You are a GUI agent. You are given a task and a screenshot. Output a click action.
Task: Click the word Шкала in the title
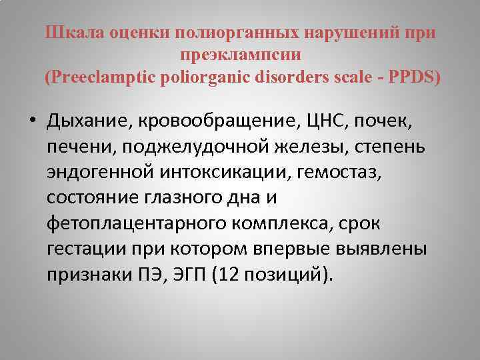(69, 33)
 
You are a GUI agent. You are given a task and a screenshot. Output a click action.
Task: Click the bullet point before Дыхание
(32, 122)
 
